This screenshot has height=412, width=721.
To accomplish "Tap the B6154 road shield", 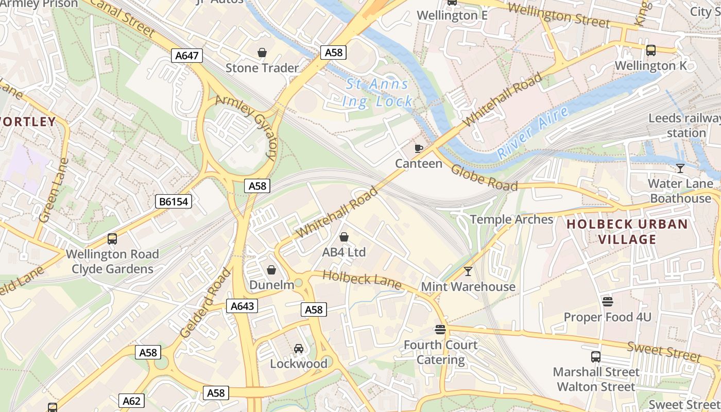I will pos(174,201).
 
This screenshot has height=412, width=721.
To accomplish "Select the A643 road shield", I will pos(242,306).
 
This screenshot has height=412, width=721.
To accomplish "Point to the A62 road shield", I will pos(132,401).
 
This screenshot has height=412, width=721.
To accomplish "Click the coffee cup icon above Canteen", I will pos(419,149).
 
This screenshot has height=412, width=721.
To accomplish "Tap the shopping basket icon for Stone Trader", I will pos(262,53).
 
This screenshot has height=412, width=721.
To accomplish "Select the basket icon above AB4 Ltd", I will pos(344,237).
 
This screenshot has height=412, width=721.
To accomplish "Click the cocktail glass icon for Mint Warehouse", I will pos(468,271).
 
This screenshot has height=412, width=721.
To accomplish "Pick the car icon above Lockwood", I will pos(299,349).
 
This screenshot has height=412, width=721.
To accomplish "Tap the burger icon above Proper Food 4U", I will pos(608,301).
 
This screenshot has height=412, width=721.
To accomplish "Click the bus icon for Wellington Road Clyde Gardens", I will pos(112,239).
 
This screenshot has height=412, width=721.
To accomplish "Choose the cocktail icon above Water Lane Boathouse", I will pos(680,168).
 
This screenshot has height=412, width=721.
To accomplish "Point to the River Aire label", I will pos(533,132).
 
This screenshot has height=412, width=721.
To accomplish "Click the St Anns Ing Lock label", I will pos(377,93).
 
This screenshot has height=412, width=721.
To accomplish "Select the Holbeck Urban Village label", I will pos(627,232).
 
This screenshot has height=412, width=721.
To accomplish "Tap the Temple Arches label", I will pos(511,219).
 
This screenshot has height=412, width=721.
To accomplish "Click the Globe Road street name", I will pos(484,178).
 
